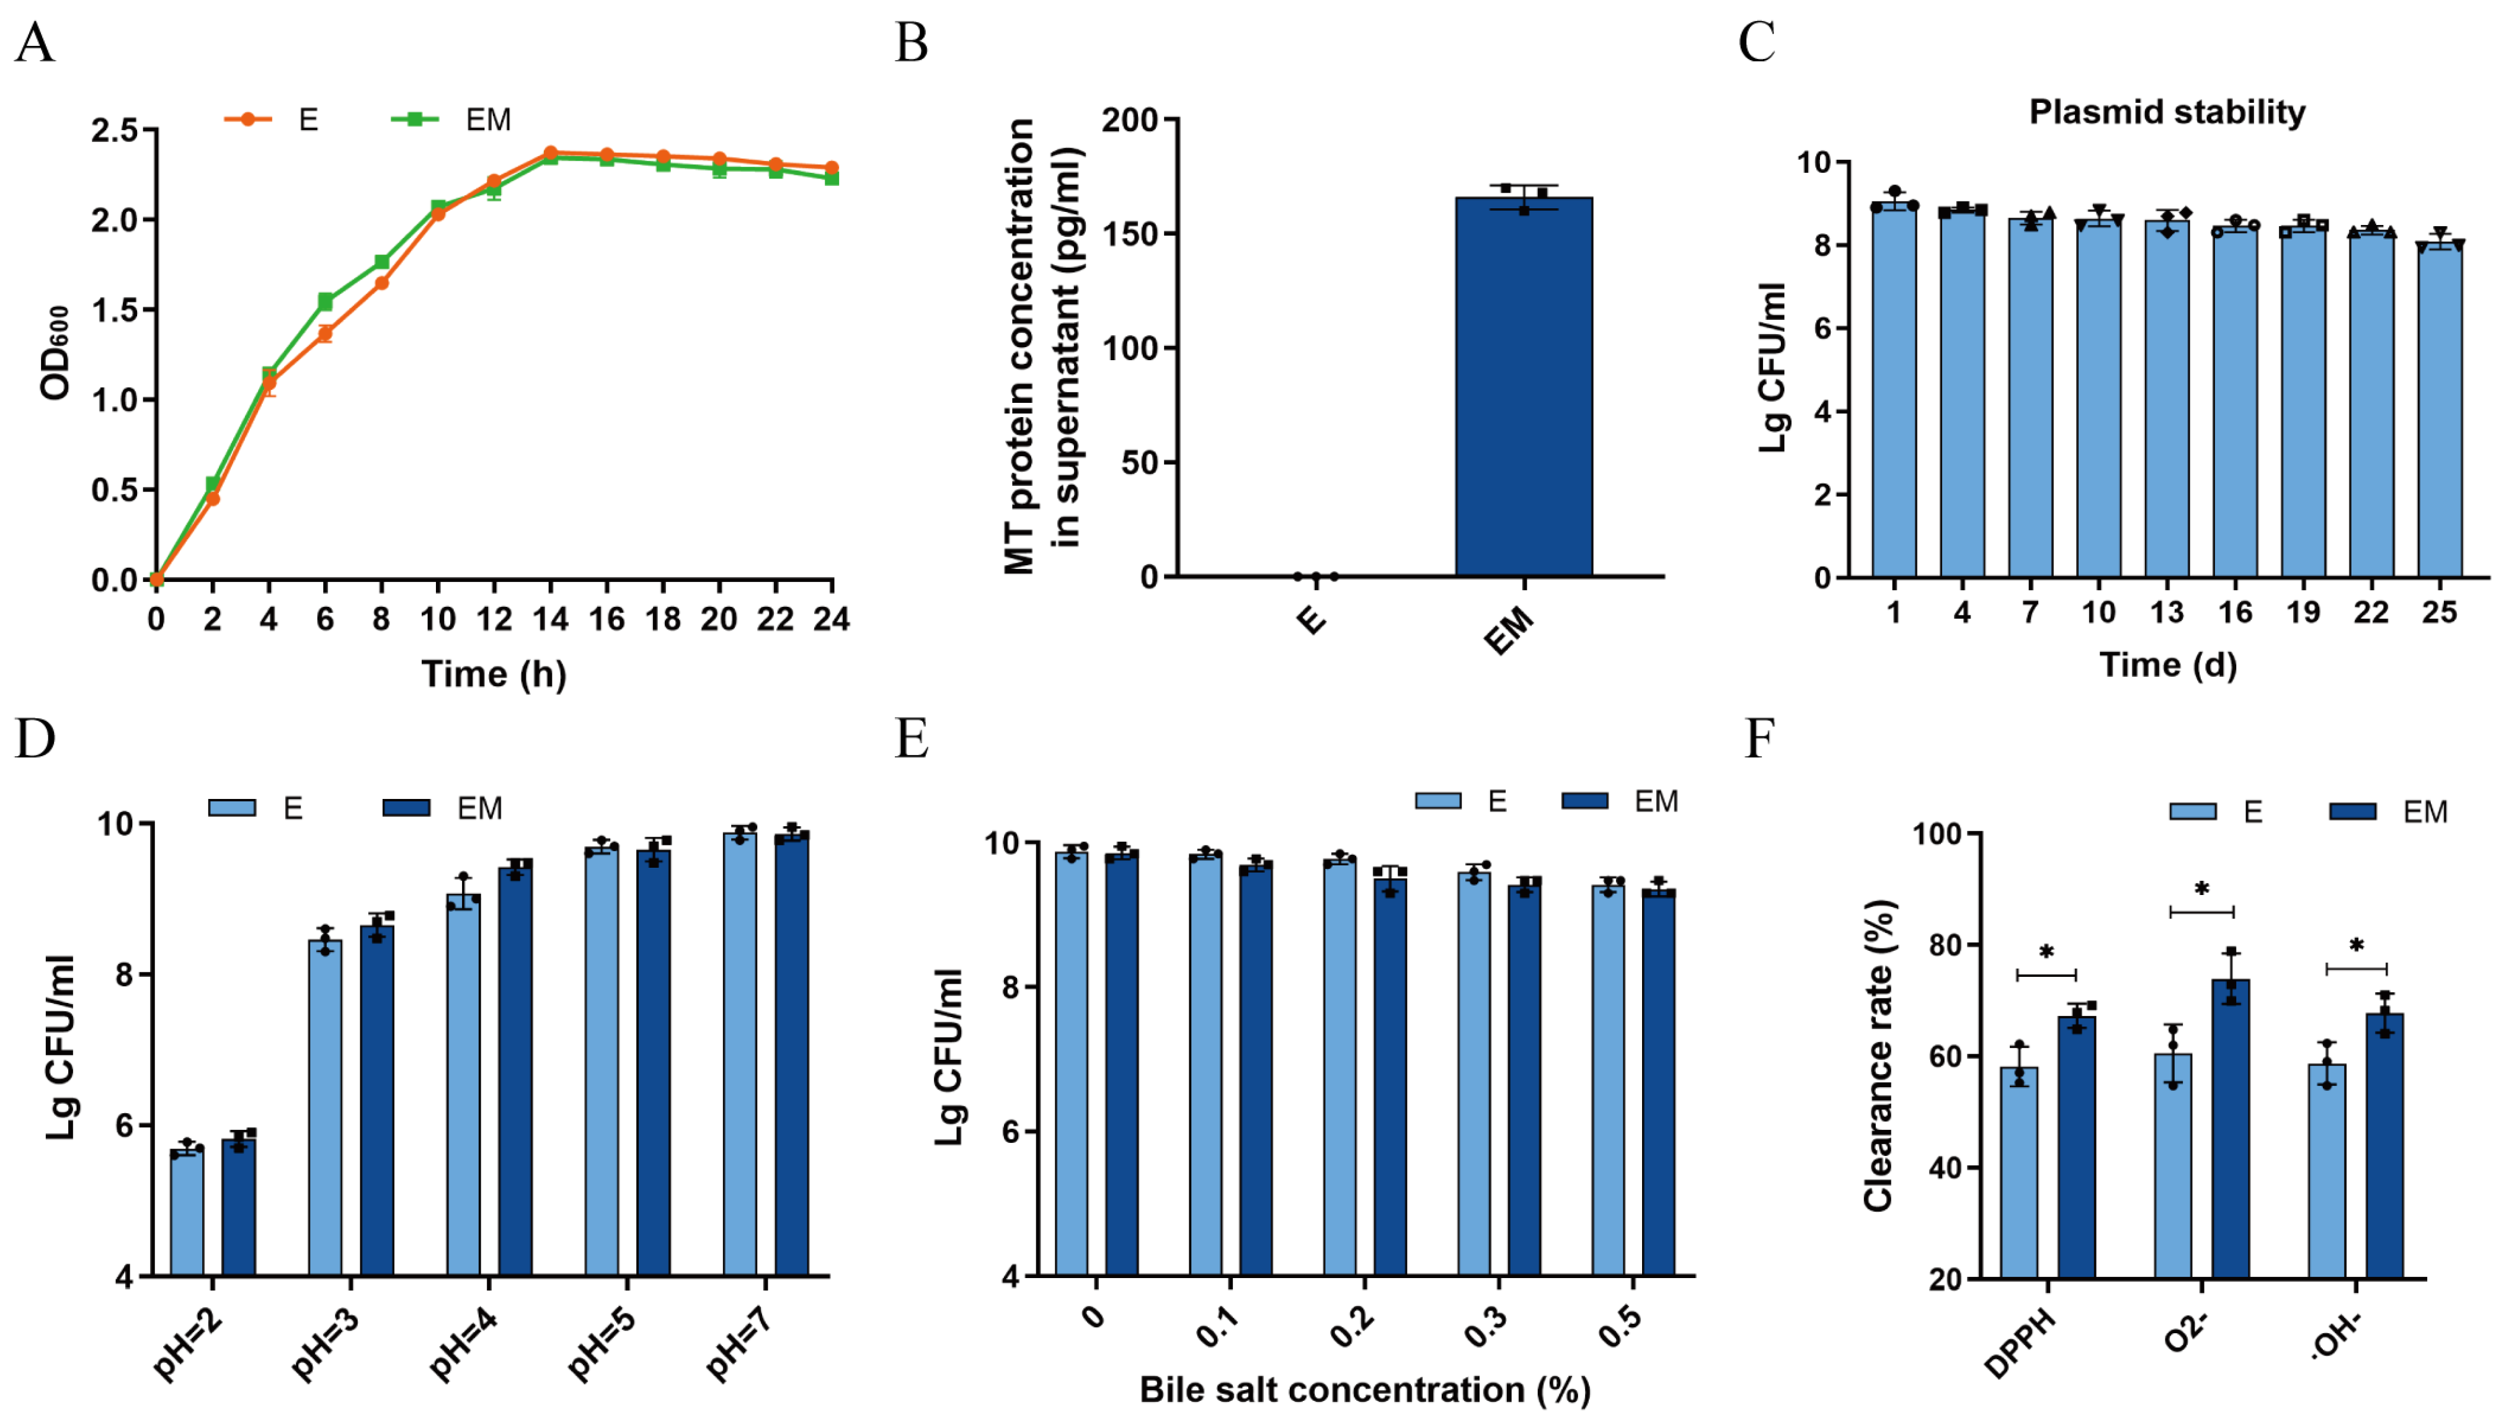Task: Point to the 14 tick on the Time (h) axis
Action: pos(550,619)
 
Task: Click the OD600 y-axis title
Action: pos(56,353)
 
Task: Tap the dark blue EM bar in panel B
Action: pos(1523,390)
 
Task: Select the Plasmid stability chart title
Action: pos(2167,112)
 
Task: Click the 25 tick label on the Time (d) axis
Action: pos(2439,612)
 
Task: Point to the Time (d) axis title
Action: pos(2167,665)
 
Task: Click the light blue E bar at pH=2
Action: pos(186,1214)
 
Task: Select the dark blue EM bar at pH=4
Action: pos(515,1073)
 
